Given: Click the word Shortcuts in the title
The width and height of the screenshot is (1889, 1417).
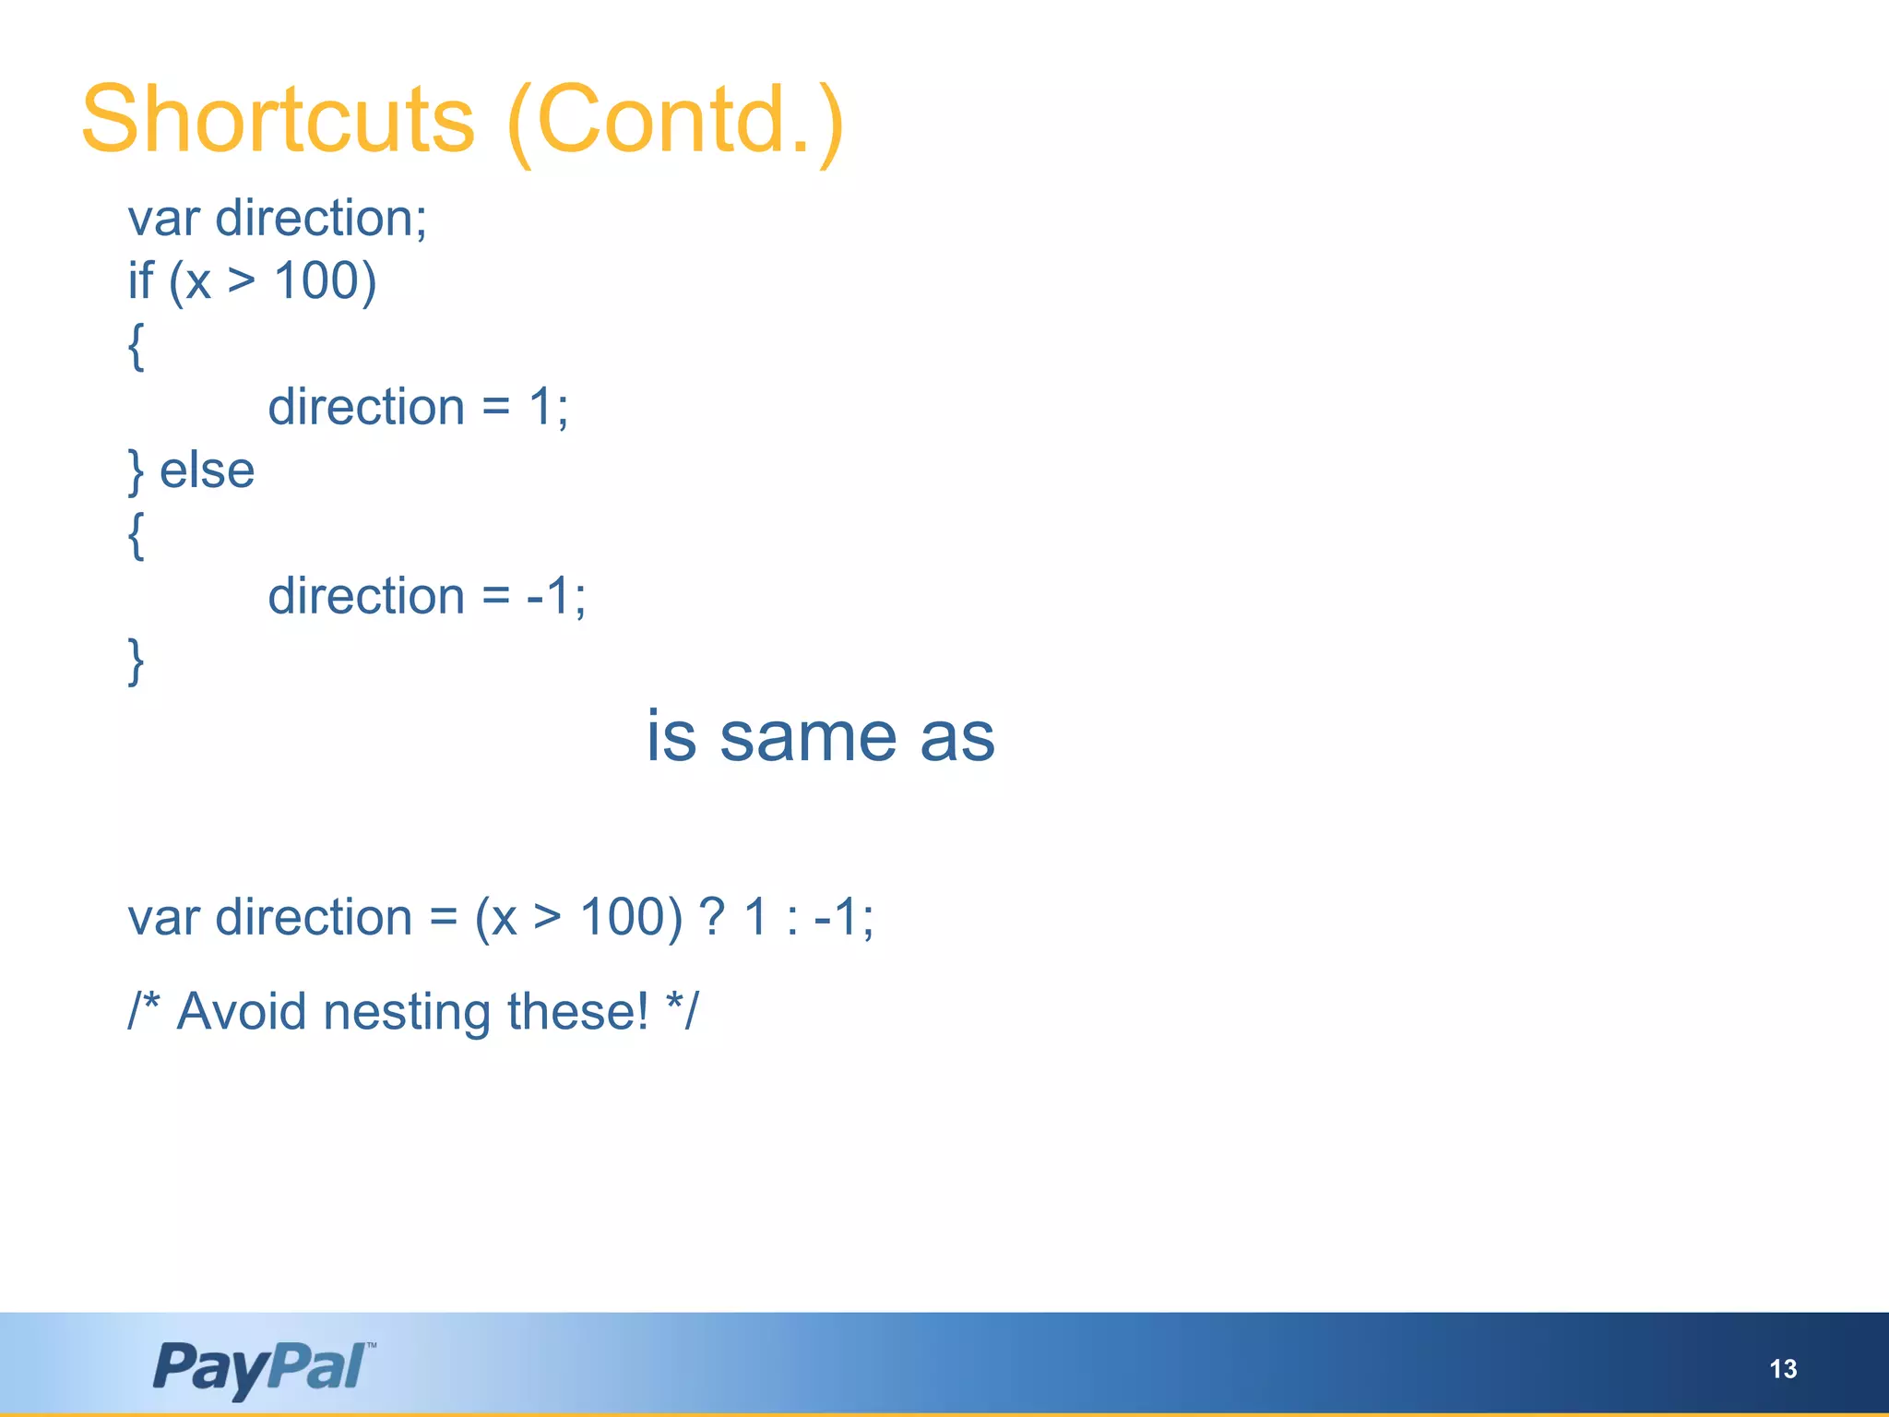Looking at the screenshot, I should pos(278,120).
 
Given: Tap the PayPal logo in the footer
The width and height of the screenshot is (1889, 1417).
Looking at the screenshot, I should pos(263,1367).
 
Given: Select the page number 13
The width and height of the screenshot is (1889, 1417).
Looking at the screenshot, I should pos(1783,1369).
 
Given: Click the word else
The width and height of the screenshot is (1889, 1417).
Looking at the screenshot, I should pos(207,470).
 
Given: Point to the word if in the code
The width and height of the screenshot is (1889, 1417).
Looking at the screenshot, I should pos(140,280).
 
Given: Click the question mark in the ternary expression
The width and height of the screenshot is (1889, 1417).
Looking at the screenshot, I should pos(711,917).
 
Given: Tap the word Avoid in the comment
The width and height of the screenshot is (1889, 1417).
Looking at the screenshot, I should pos(241,1011).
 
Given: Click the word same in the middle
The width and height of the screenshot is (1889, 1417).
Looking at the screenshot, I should pos(807,737).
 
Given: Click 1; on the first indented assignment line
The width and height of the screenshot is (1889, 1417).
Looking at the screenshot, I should pos(548,407).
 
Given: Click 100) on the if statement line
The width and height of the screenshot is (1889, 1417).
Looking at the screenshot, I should pos(326,280).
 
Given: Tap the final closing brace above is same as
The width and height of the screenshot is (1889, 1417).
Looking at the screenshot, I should pos(136,661).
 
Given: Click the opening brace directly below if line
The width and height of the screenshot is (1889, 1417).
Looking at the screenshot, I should pos(136,346).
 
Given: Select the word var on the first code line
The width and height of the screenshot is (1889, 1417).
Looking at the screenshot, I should pos(163,220).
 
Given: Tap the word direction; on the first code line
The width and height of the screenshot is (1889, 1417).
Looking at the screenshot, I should pos(320,220).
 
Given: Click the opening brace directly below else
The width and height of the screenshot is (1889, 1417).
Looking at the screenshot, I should pos(136,535).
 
